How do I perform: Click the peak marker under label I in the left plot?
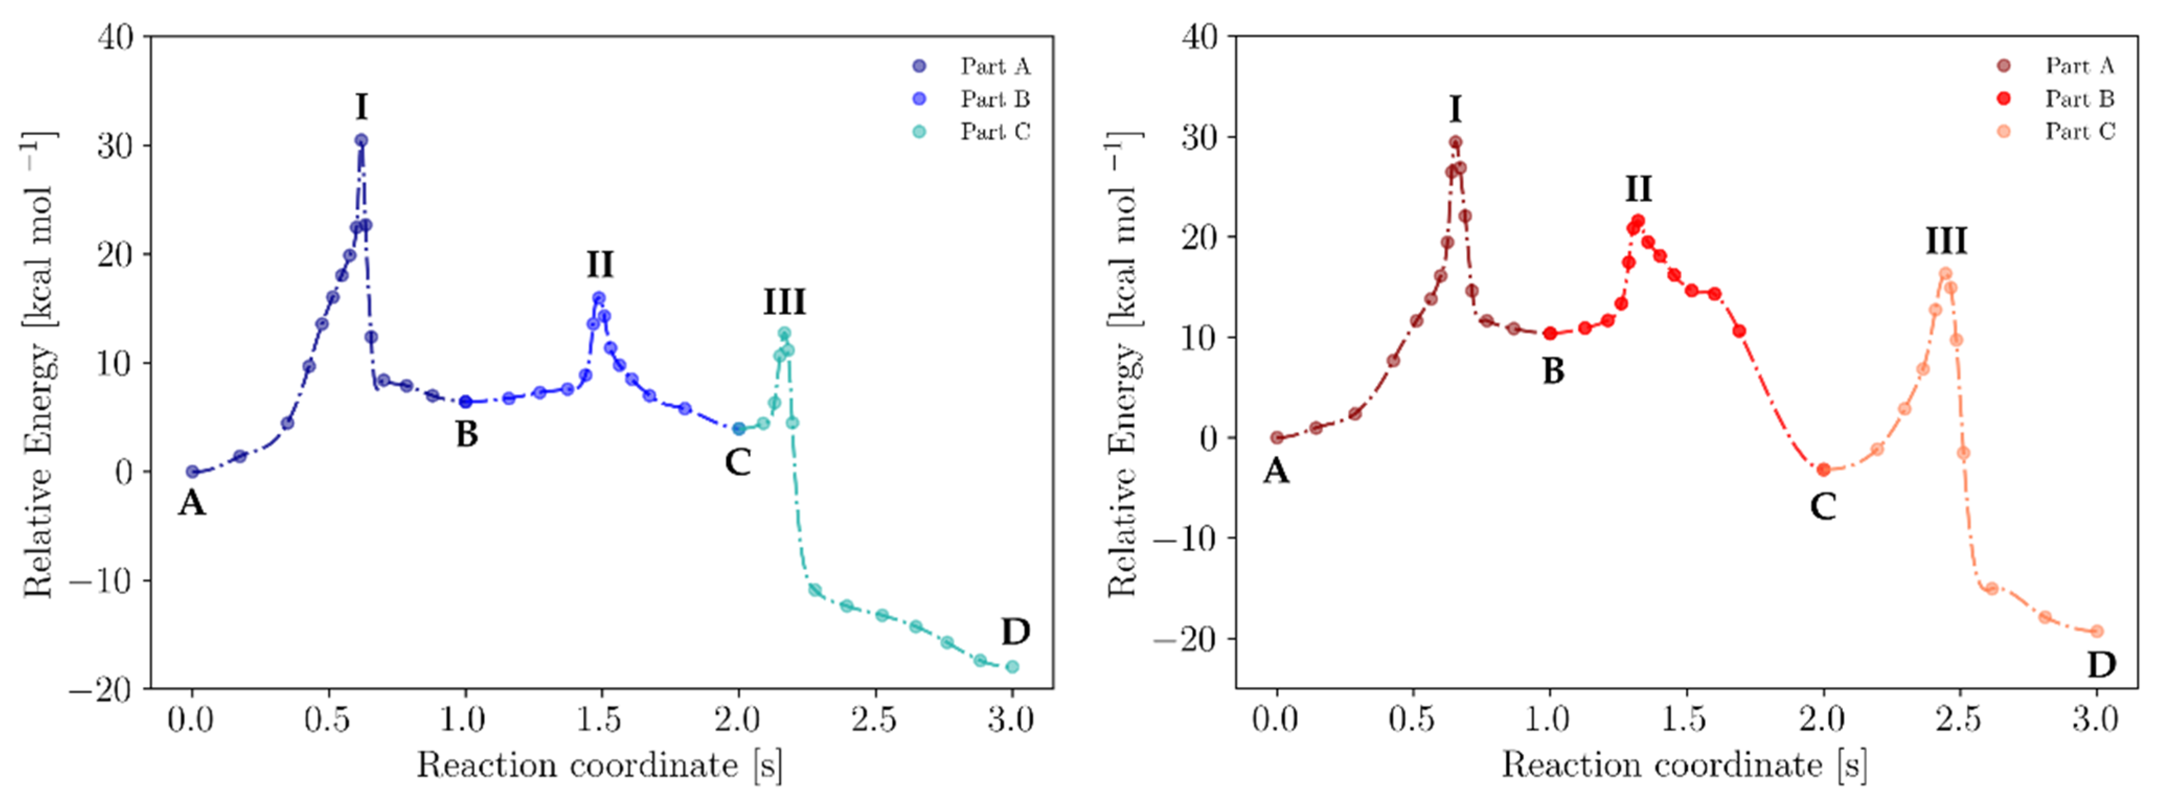[x=360, y=141]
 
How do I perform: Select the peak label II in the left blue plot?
[x=599, y=265]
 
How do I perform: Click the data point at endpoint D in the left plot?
[x=1012, y=667]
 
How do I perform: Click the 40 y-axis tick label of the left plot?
[x=116, y=37]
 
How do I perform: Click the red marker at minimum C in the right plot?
[x=1823, y=470]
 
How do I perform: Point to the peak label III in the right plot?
[x=1945, y=241]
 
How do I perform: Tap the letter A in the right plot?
[x=1276, y=471]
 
